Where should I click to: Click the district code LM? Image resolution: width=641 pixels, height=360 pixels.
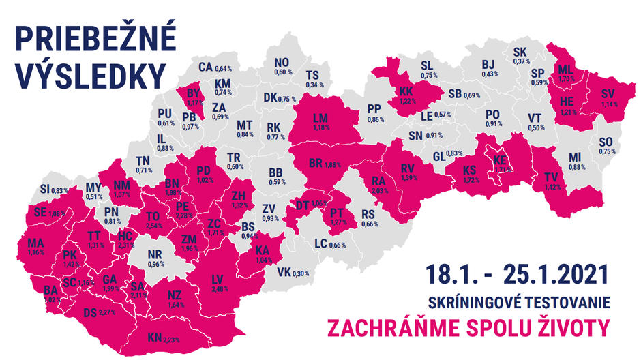coord(320,119)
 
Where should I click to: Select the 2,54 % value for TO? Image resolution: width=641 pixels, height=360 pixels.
coord(155,224)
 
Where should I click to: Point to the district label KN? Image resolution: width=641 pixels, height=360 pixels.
coord(155,337)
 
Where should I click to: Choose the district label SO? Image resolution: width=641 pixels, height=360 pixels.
coord(606,142)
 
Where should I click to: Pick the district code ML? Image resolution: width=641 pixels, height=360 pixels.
coord(565,71)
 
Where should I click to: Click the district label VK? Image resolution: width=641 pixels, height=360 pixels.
coord(284,273)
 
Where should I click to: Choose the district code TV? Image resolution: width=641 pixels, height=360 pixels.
coord(550,177)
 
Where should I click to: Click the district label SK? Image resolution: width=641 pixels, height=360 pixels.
coord(520,52)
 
